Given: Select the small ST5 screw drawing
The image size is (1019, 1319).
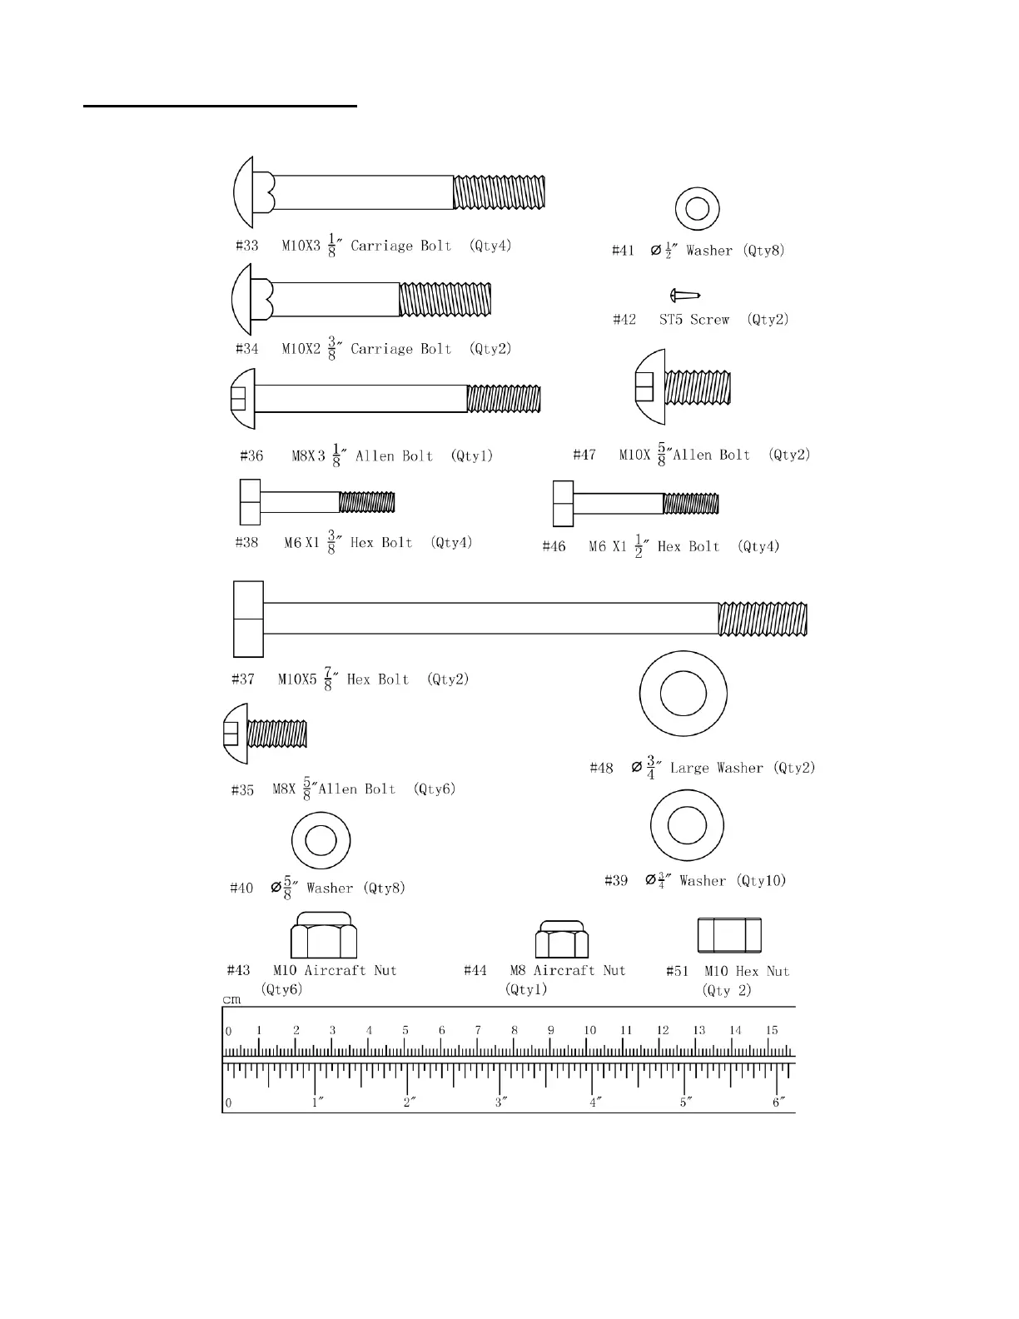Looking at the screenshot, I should point(685,295).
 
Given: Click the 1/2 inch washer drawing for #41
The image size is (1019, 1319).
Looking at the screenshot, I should point(697,208).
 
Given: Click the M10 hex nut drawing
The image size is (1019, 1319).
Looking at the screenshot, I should point(729,935).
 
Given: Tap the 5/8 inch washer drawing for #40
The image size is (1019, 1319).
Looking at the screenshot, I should point(321,839).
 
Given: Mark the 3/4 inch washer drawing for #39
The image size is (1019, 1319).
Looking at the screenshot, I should point(687,826).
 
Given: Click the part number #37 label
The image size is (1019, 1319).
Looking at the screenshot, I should point(243,679).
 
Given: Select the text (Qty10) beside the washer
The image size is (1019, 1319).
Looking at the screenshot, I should point(761,881).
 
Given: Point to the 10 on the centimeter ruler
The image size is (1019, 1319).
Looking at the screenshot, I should point(589,1030).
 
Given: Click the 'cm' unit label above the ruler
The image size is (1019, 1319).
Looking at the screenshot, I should point(231,999).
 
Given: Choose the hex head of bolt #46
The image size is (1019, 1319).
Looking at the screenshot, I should point(563,504).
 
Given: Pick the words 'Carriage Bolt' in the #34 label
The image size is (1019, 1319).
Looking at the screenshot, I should point(400,349).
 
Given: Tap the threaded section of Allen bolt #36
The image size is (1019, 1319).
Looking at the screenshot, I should point(504,398).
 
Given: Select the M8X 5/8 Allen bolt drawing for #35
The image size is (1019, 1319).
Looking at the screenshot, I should point(266,734).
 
